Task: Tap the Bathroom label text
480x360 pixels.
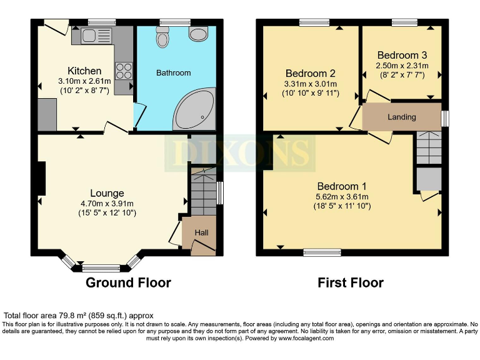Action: point(173,73)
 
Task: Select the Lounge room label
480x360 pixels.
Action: point(107,193)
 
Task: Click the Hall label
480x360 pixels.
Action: point(201,233)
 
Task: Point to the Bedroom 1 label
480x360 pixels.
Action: point(342,186)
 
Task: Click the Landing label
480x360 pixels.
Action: point(401,117)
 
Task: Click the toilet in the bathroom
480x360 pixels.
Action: point(164,37)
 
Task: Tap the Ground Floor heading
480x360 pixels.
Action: point(128,282)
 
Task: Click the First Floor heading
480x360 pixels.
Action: point(351,282)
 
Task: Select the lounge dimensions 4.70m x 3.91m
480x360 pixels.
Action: point(107,204)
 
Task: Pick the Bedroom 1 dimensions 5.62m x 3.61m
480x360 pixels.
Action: point(342,197)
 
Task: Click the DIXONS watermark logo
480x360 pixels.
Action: point(241,152)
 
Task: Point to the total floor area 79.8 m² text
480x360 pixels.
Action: point(79,316)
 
